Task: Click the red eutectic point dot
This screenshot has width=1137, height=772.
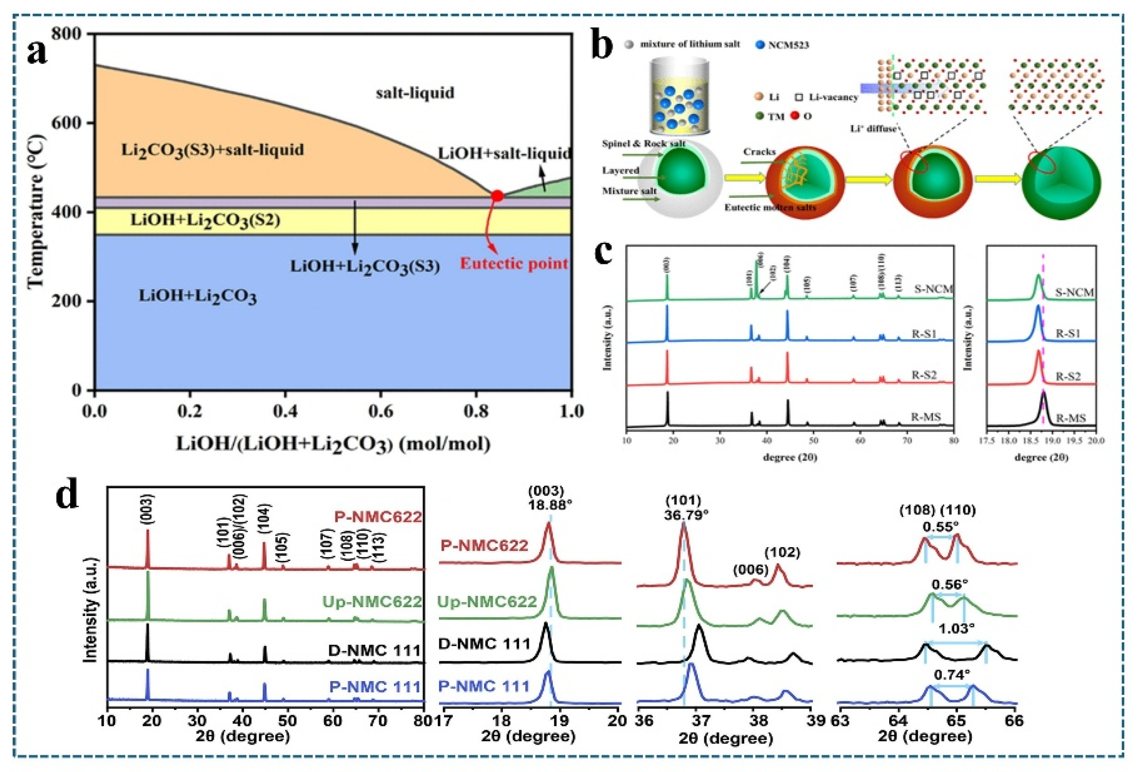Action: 497,196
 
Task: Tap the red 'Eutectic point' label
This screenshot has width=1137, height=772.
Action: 514,264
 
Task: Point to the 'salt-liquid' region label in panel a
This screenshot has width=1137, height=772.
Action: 415,93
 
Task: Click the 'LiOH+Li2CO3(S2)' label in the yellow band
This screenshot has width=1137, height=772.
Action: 206,221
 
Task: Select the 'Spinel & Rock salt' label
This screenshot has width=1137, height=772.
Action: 643,144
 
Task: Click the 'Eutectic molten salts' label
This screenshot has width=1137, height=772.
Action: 770,207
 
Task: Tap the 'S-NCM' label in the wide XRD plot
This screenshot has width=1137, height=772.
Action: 933,289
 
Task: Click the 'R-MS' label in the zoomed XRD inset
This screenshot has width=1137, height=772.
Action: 1071,418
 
